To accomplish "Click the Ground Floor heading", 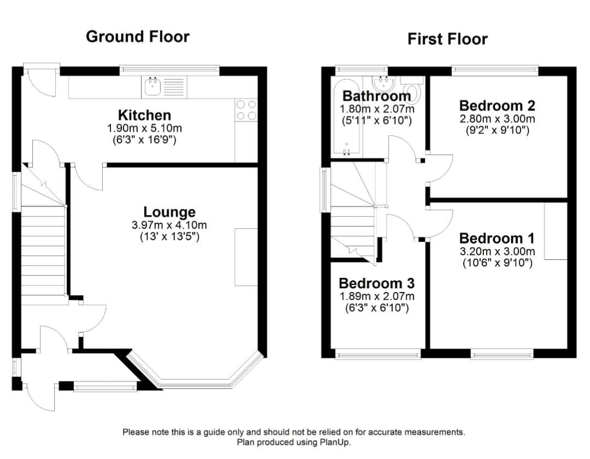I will (x=138, y=37).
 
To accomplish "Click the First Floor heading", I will (x=447, y=39).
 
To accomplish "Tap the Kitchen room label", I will (x=144, y=115).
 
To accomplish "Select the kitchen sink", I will (x=151, y=86).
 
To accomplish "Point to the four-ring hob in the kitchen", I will (x=246, y=109).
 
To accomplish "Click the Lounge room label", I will (x=169, y=212).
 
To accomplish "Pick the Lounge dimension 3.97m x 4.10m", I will (x=169, y=225).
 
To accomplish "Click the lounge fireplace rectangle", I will (x=246, y=257).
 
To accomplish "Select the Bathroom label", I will (x=376, y=96).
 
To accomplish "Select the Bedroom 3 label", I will (x=376, y=283).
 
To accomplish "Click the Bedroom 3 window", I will (x=378, y=355).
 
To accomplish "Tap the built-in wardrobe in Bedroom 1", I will (x=555, y=231).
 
